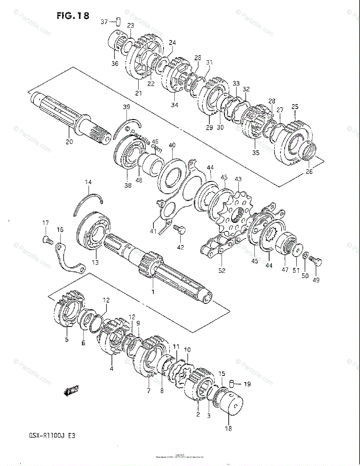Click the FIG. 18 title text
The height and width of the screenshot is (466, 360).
point(73,16)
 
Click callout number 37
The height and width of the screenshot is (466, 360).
point(104,22)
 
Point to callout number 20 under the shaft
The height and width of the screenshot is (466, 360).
point(69,142)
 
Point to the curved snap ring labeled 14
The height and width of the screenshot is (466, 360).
point(88,204)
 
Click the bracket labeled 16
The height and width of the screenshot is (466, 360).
point(70,261)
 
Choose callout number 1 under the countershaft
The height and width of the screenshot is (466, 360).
point(153,291)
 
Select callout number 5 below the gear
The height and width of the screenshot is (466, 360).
point(66,339)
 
